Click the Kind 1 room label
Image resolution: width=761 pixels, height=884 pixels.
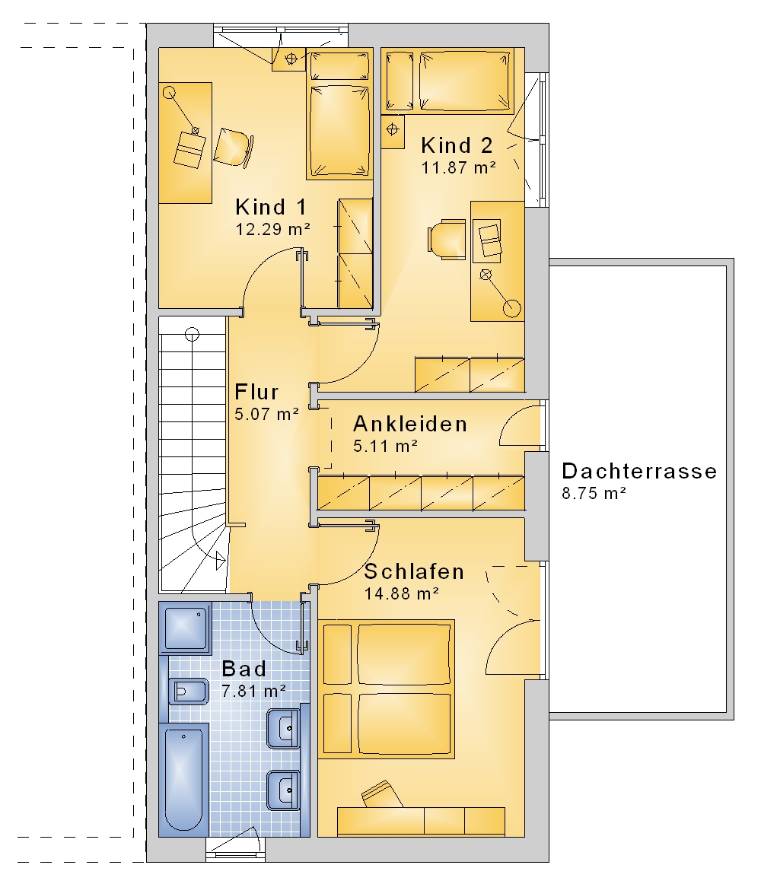coord(271,207)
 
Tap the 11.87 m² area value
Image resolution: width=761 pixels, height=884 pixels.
coord(459,167)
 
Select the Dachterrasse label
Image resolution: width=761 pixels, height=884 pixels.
coord(639,471)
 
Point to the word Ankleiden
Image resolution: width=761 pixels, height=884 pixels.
coord(410,424)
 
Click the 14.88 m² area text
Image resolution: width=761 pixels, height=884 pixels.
coord(402,593)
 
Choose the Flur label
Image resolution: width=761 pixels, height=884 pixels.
coord(256,392)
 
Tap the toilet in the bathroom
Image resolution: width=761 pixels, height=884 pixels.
coord(187,692)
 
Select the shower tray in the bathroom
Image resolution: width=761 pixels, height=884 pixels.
coord(186,628)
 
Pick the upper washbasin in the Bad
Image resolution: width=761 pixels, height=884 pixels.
coord(283,728)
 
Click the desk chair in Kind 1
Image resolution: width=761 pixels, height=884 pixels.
coord(233,147)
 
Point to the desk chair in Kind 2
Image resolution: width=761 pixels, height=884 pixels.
coord(447,240)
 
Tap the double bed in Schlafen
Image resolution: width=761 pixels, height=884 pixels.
coord(387,689)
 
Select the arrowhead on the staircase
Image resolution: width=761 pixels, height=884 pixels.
coord(220,561)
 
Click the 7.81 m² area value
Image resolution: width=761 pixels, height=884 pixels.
coord(253,691)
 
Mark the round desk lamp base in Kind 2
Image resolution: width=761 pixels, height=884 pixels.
coord(511,308)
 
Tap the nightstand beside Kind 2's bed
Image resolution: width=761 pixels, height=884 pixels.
coord(393,132)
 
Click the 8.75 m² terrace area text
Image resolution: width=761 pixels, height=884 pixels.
coord(594,493)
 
